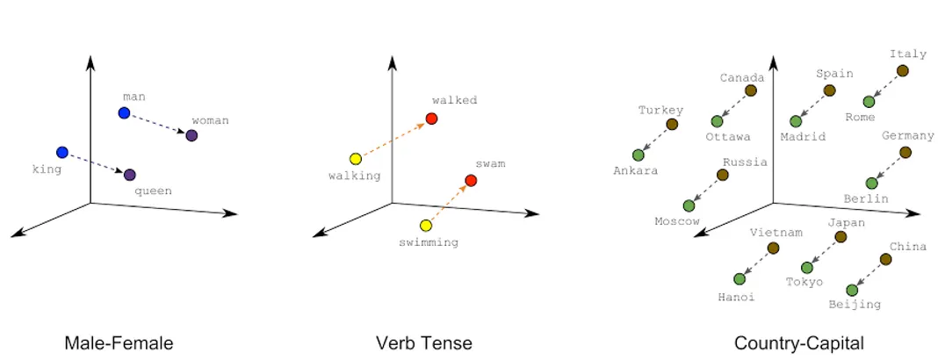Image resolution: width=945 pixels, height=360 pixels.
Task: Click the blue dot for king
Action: click(x=62, y=152)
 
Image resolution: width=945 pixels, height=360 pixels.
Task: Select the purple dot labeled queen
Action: click(x=130, y=175)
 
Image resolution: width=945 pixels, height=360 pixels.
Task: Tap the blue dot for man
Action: click(x=124, y=112)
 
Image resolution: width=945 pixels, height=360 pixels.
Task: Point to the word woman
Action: click(x=210, y=120)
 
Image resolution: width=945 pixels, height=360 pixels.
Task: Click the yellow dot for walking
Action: click(x=356, y=159)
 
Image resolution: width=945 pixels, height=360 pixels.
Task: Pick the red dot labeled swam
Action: click(x=472, y=180)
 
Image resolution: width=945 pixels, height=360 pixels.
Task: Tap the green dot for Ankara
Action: click(x=638, y=155)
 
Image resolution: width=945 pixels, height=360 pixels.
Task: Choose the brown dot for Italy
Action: click(x=902, y=71)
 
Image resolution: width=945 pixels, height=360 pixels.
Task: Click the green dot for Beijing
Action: click(x=852, y=290)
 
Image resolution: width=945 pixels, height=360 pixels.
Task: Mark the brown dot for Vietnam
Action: click(x=773, y=248)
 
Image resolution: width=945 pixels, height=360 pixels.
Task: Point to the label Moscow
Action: click(x=677, y=221)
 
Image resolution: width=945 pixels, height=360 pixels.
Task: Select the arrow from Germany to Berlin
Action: click(x=888, y=168)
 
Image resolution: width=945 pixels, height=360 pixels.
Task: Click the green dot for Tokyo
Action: click(x=807, y=268)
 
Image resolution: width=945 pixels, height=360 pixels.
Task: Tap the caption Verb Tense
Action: click(x=423, y=343)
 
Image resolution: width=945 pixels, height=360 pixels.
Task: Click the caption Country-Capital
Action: click(x=799, y=343)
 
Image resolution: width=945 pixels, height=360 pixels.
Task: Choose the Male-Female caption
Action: click(x=119, y=343)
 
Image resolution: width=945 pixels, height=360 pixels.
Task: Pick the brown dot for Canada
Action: click(x=750, y=90)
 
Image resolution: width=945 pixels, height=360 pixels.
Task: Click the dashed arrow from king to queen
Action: click(x=96, y=163)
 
